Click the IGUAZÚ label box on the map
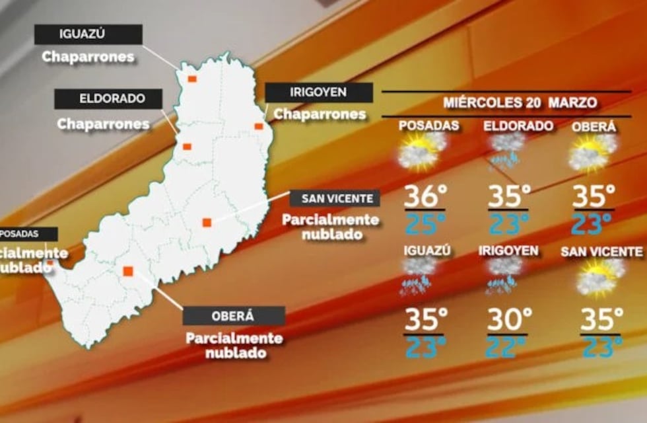88,34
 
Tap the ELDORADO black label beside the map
108,99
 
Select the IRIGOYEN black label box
319,93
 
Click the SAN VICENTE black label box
335,198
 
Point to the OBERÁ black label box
234,316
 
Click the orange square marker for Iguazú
191,79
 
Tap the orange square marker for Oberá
128,270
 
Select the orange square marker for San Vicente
207,222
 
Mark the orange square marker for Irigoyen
259,126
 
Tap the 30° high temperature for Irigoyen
509,321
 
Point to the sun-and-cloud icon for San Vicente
600,276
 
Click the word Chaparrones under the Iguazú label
88,57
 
